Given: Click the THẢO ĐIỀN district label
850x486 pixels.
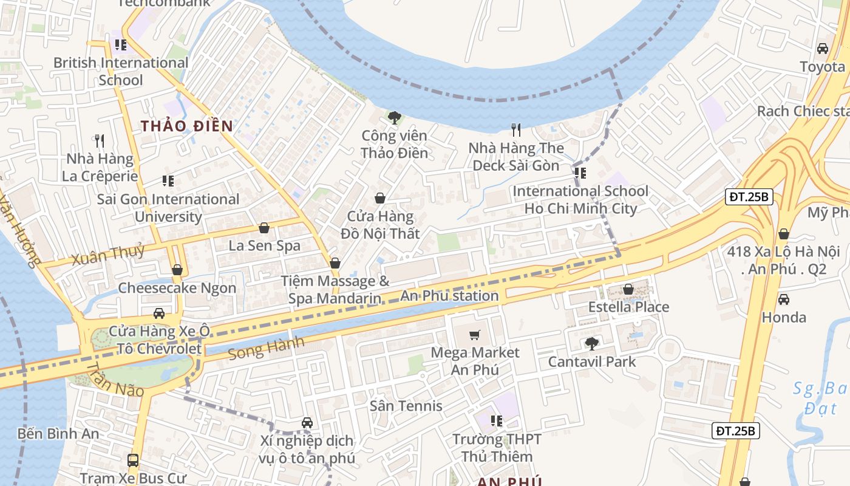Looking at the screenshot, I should point(187,126).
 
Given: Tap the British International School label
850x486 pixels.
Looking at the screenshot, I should point(121,71).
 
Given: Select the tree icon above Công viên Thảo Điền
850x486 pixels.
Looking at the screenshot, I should point(394,117).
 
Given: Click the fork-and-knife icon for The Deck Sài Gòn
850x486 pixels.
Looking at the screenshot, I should point(515,129).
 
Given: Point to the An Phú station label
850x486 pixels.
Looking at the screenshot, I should point(449,296).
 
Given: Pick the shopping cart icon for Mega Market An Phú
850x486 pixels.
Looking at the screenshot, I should point(475,335).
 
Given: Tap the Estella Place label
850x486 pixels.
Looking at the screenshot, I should point(628,307).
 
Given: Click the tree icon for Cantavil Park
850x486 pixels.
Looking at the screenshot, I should point(591,344).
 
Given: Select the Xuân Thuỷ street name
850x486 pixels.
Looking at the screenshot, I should point(108,255).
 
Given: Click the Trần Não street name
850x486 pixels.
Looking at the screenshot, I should point(115,380).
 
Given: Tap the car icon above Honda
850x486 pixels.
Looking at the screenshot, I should point(784,299).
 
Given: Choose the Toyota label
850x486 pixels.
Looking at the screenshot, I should point(822,66).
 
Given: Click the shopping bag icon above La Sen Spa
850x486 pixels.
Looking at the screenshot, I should point(264,228).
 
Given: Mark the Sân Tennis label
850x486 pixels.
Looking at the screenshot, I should point(406,405).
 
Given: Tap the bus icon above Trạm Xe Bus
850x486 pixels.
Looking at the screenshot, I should point(133,460).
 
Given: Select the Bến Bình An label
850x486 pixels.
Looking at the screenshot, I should point(58,434).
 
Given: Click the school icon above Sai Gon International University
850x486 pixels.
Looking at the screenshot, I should point(168,181).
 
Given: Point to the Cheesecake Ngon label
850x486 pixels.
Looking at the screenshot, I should point(177,288).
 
